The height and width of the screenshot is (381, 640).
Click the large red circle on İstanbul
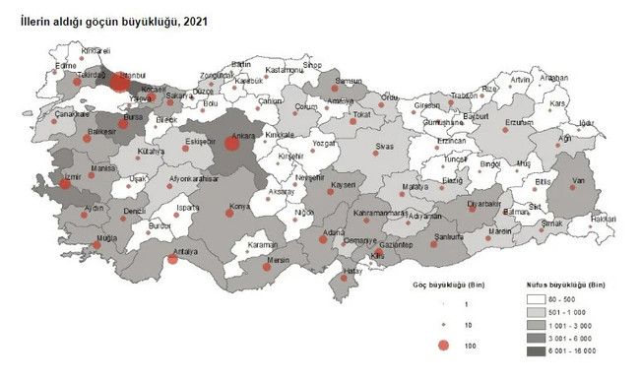click(119, 83)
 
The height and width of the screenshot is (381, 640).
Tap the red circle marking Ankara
click(232, 144)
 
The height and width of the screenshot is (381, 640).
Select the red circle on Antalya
click(173, 259)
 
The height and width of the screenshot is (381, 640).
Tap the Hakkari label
click(604, 219)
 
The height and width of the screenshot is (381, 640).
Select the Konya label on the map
click(238, 207)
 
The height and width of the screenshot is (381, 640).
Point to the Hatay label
click(352, 272)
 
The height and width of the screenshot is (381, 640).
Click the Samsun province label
click(349, 81)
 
